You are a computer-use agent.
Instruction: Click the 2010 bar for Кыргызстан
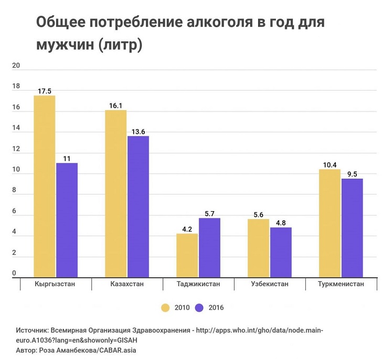(x=45, y=186)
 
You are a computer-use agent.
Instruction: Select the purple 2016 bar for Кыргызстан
(x=67, y=220)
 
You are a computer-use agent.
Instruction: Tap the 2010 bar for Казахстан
(x=116, y=193)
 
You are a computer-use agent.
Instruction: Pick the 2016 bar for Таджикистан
(x=209, y=247)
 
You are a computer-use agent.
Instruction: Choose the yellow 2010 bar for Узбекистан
(x=259, y=248)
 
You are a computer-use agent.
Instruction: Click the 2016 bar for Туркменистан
(x=352, y=228)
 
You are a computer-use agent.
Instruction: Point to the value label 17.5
(x=45, y=91)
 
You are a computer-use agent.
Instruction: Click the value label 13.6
(x=138, y=132)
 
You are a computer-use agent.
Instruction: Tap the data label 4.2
(x=187, y=229)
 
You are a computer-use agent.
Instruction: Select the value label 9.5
(x=352, y=174)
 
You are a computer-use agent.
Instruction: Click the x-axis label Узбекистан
(x=270, y=285)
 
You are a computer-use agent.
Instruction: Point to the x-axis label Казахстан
(x=127, y=285)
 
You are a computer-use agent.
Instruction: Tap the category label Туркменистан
(x=341, y=285)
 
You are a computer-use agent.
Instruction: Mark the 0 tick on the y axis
(x=14, y=274)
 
